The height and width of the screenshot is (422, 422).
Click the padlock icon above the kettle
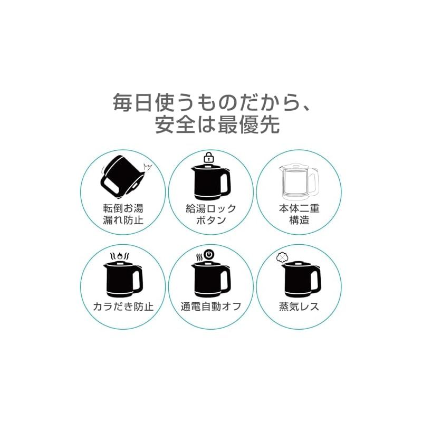point(209,157)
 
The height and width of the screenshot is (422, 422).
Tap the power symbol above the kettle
point(209,255)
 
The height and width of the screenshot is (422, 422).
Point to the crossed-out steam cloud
point(281,257)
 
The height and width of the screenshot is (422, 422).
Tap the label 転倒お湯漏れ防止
point(123,214)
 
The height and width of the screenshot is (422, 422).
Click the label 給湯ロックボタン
point(210,214)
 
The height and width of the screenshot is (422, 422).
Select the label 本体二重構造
point(298,214)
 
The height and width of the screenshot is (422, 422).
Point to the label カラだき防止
point(123,306)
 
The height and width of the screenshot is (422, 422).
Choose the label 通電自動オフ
point(210,306)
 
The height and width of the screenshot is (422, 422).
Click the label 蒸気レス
point(299,306)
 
